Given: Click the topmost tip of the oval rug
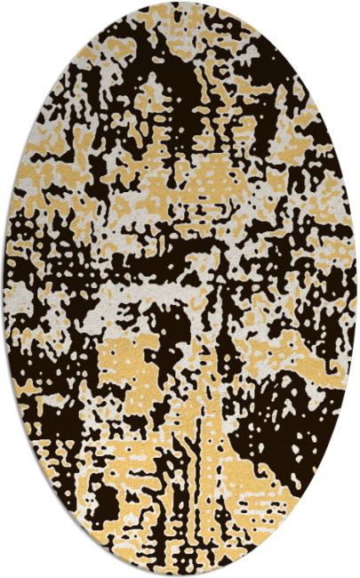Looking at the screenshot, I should tap(180, 3).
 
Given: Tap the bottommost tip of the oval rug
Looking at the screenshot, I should tap(180, 575).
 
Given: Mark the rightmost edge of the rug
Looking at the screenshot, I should tap(356, 289).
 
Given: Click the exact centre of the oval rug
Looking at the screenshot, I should tap(180, 289).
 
